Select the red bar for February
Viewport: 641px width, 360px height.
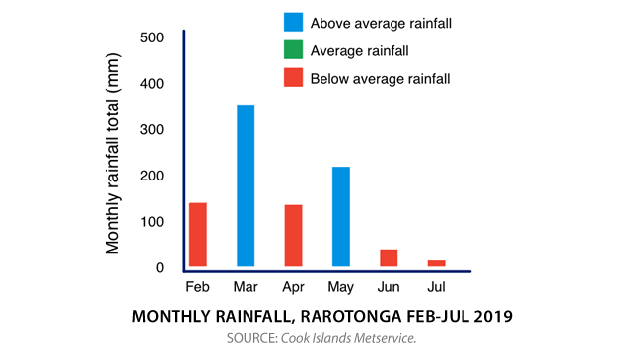197,234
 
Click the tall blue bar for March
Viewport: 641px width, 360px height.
246,185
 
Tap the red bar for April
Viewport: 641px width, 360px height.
293,235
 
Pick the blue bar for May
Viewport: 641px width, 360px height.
340,216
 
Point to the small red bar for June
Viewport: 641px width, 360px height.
389,257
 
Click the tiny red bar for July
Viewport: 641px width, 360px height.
436,262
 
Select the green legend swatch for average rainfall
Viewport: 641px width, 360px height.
292,50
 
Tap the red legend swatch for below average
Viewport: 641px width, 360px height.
292,78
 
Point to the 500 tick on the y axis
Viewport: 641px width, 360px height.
152,37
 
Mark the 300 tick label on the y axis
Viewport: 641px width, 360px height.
152,130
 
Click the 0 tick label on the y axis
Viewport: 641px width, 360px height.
158,268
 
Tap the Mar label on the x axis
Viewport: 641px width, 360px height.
246,288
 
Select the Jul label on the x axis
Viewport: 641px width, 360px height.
436,288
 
